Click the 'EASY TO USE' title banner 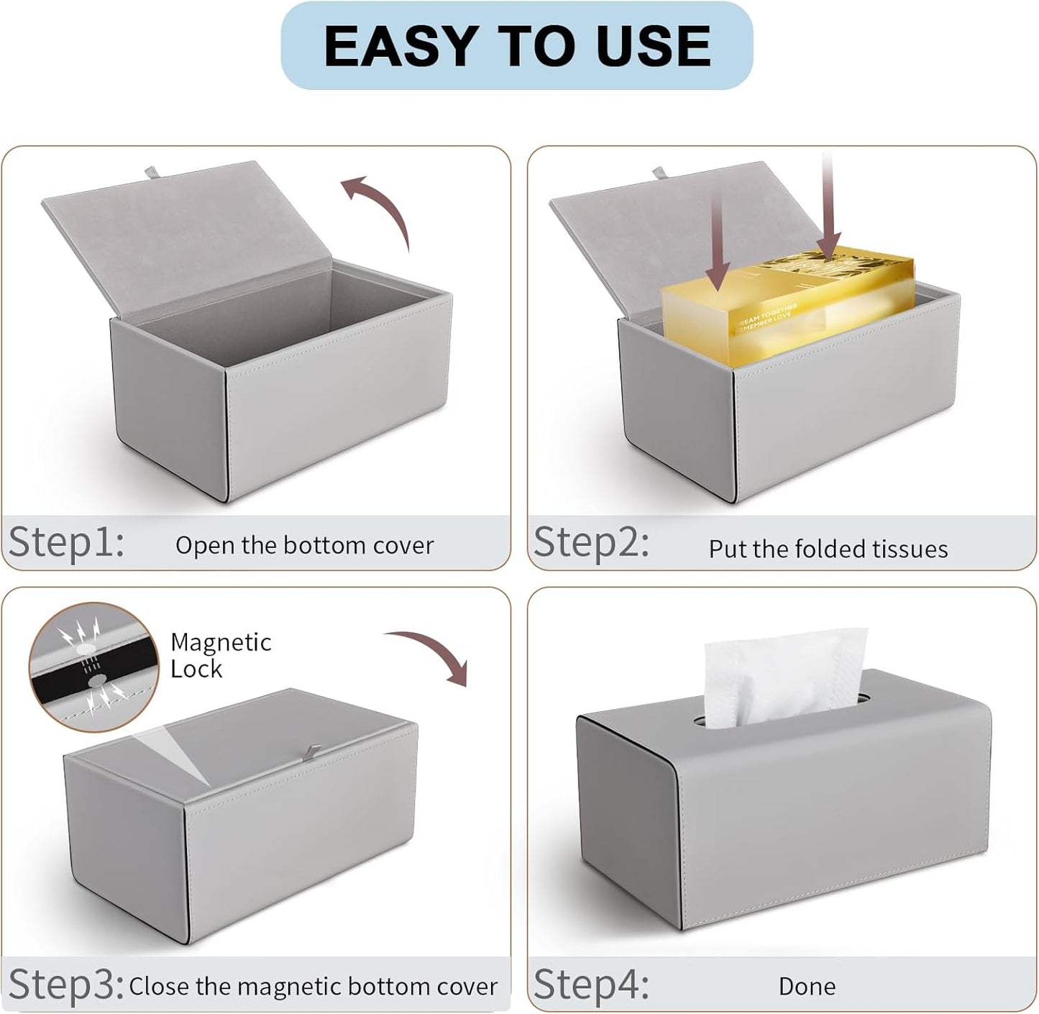[516, 46]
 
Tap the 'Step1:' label [66, 542]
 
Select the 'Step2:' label [591, 542]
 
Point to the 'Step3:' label [66, 983]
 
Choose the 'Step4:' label [591, 983]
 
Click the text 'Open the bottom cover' [304, 545]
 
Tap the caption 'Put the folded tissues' [828, 549]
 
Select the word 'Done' [807, 986]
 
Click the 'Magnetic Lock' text [220, 655]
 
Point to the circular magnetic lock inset [93, 667]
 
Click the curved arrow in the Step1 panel [377, 209]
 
